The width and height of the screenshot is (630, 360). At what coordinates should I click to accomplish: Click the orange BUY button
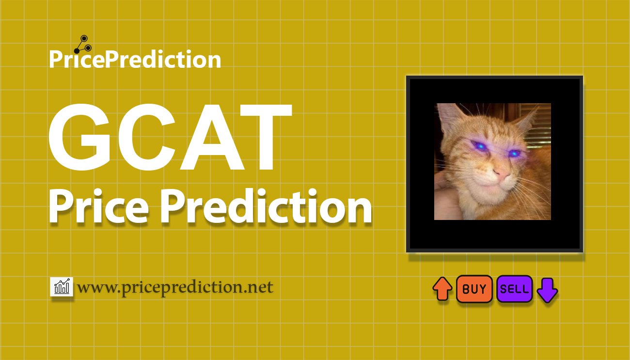[x=474, y=289]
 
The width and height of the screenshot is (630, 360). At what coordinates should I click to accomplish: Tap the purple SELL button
[x=515, y=289]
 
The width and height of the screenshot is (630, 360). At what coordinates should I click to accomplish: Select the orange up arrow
[x=442, y=289]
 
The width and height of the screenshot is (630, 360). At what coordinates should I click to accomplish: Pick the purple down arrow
[x=547, y=290]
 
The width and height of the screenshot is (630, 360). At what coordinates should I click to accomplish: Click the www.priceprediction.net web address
[x=175, y=288]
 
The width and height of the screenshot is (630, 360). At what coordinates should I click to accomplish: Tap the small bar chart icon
[x=62, y=287]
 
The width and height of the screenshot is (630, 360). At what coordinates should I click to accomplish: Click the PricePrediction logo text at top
[x=135, y=59]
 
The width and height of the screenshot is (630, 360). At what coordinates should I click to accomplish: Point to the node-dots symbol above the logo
[x=83, y=45]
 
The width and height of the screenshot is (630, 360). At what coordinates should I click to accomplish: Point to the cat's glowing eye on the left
[x=480, y=146]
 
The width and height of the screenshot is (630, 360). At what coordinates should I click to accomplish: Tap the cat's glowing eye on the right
[x=514, y=153]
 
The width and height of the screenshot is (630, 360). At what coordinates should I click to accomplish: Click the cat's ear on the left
[x=449, y=117]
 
